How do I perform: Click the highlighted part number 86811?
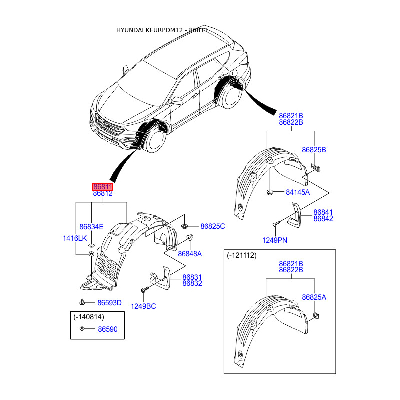103,186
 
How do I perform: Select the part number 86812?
103,193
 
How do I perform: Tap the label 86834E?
92,226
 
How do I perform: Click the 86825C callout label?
213,226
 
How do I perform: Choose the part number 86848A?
190,254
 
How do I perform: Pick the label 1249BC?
143,306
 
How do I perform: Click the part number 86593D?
109,302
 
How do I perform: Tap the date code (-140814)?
89,316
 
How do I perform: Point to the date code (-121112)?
241,255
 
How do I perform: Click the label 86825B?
314,149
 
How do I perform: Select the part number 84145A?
298,192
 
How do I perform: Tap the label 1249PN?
276,240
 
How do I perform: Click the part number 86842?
323,219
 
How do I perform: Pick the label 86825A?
314,297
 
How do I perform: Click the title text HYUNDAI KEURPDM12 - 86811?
162,30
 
